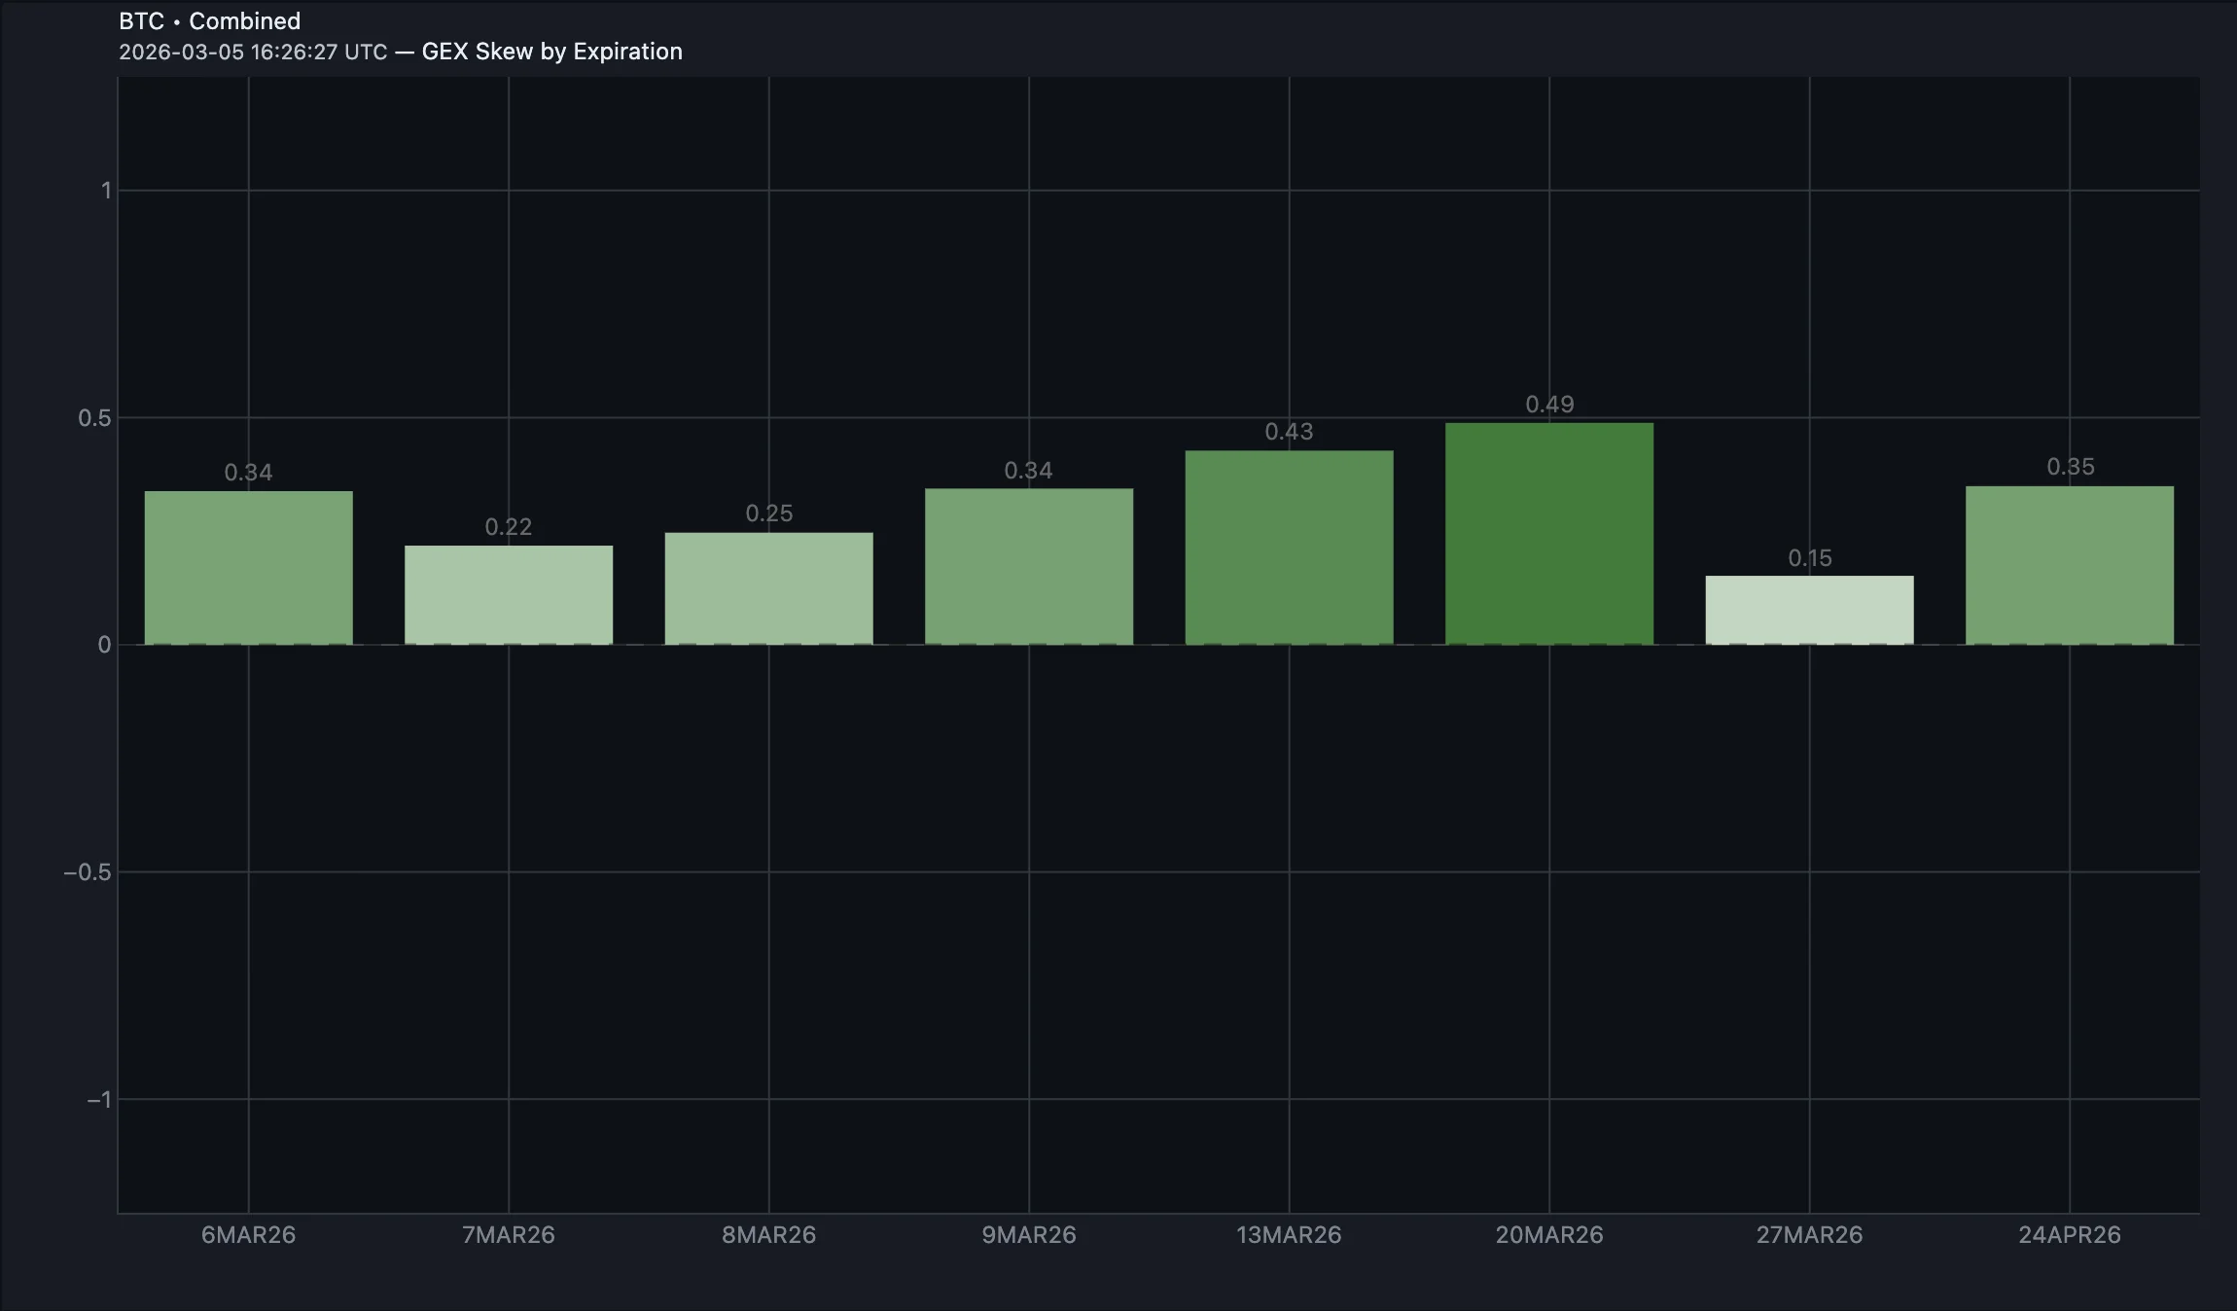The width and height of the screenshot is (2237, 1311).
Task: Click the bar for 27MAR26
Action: [x=1809, y=610]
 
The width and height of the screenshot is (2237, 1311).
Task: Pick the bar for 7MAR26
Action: [x=509, y=594]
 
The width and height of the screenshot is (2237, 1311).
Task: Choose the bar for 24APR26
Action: [x=2069, y=565]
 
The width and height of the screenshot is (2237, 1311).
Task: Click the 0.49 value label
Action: [x=1548, y=405]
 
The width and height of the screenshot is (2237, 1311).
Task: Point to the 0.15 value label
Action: [x=1809, y=558]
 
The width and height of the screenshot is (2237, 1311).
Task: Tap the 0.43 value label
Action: [x=1289, y=432]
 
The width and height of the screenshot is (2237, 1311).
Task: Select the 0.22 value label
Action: [x=509, y=527]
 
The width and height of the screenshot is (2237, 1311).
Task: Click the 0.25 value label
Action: [x=768, y=514]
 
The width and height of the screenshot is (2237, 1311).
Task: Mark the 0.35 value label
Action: [x=2070, y=467]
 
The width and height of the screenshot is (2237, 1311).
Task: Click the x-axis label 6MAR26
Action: [x=248, y=1235]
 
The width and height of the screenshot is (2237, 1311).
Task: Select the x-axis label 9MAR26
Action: [x=1028, y=1235]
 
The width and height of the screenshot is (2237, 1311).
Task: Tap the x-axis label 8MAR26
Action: [x=768, y=1235]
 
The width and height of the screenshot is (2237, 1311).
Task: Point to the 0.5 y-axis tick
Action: [x=94, y=418]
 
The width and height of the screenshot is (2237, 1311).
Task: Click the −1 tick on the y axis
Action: [x=98, y=1100]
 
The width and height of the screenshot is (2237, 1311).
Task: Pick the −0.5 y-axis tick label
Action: [x=88, y=872]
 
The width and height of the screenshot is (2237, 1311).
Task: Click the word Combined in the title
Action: [x=244, y=21]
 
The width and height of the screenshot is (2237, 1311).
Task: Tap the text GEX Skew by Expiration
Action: [x=551, y=52]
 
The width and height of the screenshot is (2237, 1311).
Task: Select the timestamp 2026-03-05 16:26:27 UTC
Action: [x=253, y=52]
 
